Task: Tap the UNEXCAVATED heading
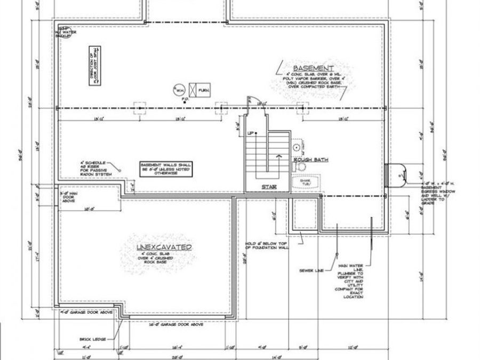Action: point(164,247)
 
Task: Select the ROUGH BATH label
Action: point(310,159)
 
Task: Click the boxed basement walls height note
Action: point(165,169)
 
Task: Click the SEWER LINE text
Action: point(312,271)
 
